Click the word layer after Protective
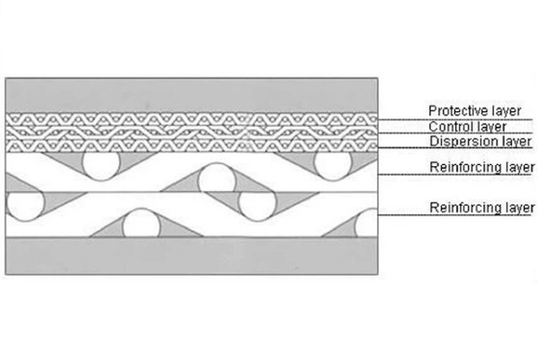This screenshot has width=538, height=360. click(x=506, y=111)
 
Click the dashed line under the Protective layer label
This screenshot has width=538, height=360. click(x=455, y=119)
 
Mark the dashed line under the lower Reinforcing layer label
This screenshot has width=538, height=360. click(x=456, y=215)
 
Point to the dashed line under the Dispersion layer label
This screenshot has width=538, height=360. click(x=455, y=148)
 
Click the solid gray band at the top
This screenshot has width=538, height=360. click(x=192, y=95)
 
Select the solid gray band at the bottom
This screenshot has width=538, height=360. click(x=192, y=255)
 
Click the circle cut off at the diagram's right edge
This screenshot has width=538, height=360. click(x=367, y=223)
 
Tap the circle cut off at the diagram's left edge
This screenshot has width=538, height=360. click(x=25, y=206)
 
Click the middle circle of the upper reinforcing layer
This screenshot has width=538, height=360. click(x=217, y=178)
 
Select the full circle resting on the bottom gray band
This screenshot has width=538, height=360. click(x=141, y=223)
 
